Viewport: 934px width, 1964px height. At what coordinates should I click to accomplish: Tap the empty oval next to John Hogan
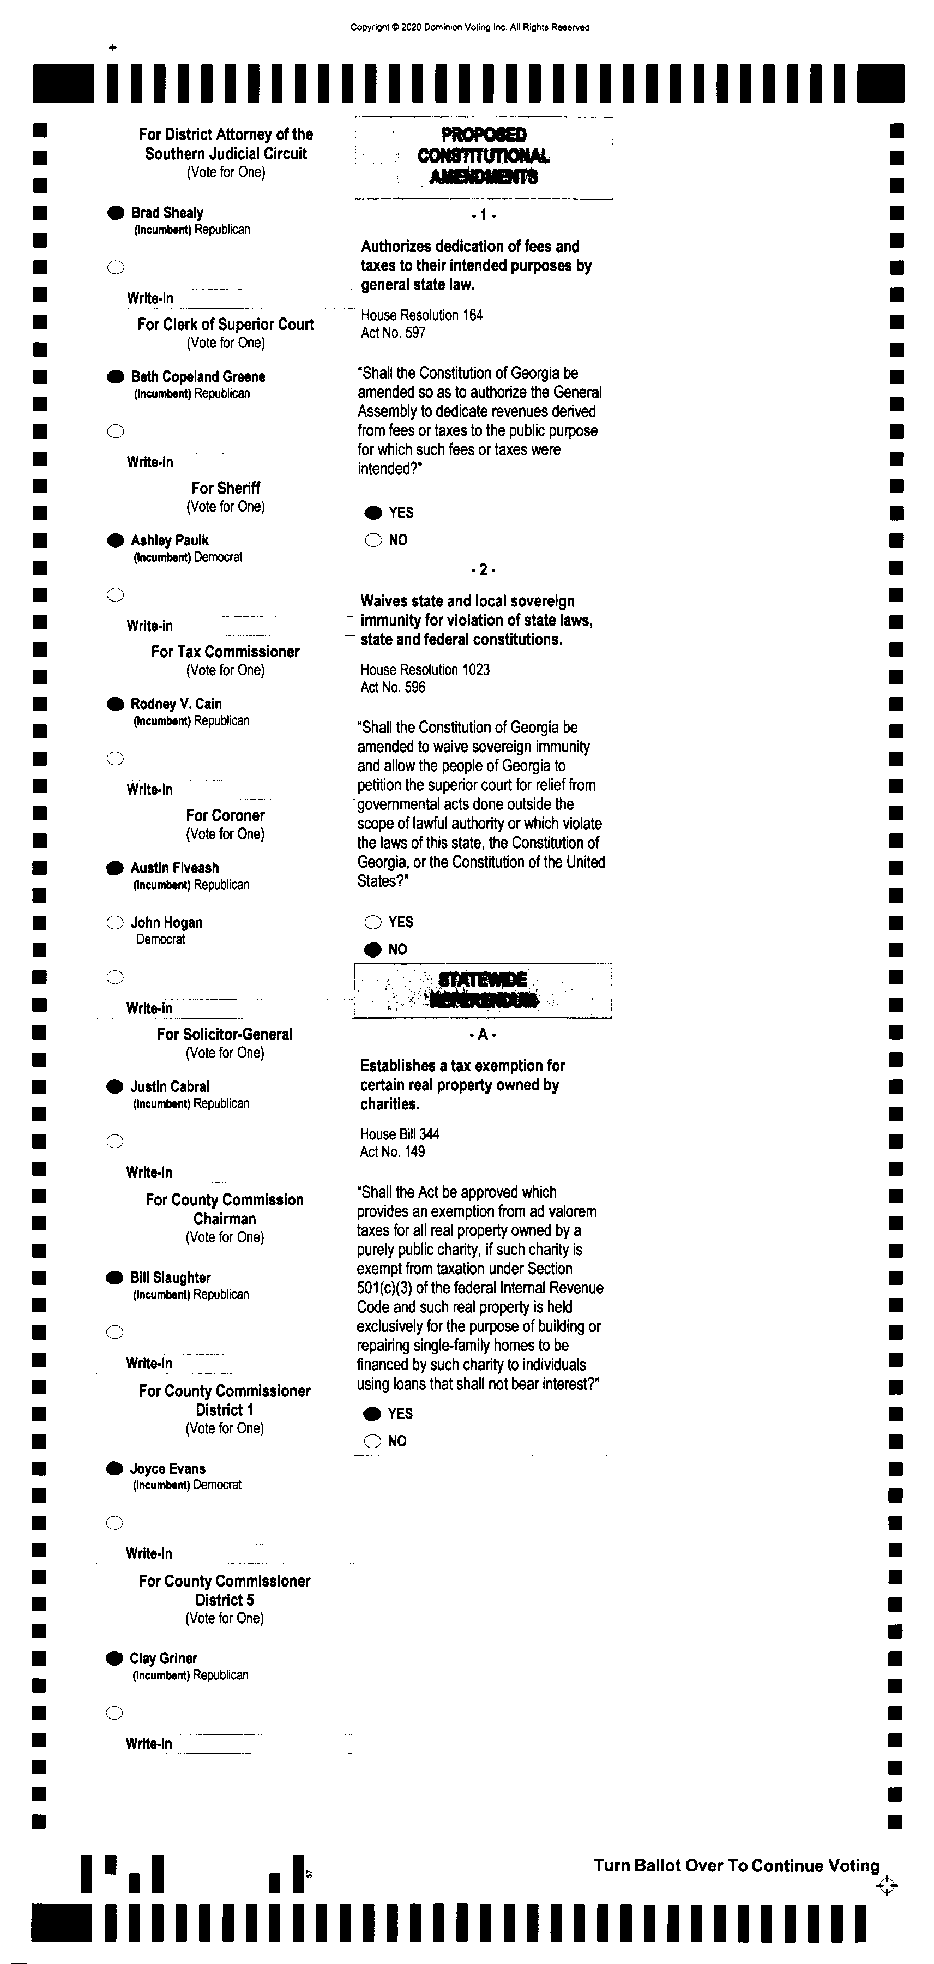point(115,922)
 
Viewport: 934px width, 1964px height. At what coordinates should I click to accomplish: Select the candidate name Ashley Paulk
point(169,540)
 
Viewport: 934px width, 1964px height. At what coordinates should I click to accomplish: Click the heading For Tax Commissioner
point(225,652)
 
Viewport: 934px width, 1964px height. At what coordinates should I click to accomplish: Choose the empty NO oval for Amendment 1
point(373,540)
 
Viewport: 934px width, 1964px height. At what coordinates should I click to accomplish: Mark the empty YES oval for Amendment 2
point(373,922)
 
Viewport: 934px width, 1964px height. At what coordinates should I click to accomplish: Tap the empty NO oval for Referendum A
point(372,1441)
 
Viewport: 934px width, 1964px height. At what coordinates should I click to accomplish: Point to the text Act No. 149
point(392,1152)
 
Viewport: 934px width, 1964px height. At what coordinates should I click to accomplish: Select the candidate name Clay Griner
point(163,1658)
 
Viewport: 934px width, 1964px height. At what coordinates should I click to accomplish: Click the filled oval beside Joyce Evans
point(115,1468)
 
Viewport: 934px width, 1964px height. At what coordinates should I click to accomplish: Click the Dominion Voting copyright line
point(469,27)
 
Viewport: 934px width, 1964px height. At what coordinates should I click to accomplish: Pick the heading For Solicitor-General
point(225,1035)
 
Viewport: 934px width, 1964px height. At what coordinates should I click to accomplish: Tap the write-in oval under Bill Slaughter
point(115,1332)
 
